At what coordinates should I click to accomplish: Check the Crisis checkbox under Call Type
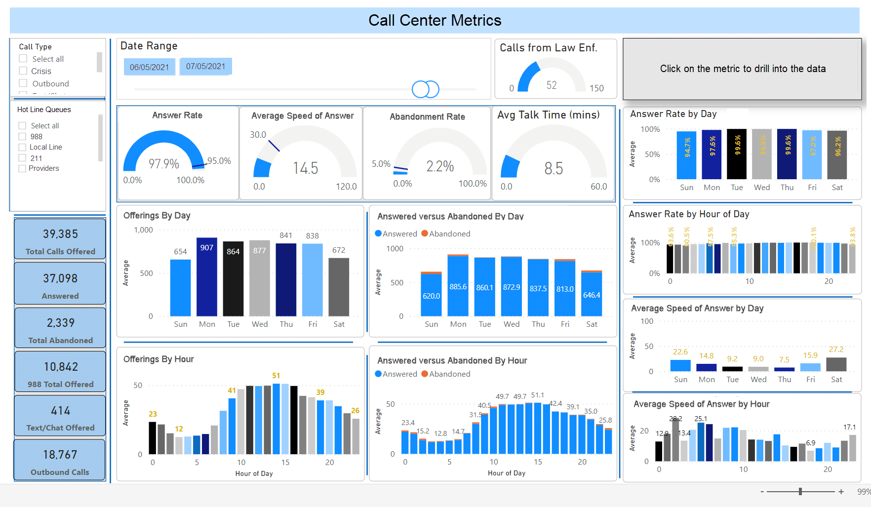pos(23,71)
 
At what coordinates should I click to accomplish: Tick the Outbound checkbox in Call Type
pos(23,83)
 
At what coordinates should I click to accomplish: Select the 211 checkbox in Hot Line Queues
pos(22,158)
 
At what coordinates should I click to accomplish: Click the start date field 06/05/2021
pos(149,67)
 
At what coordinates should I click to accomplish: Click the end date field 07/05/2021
pos(205,66)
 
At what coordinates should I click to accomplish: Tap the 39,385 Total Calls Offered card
pos(60,239)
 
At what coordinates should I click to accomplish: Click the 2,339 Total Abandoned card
pos(60,328)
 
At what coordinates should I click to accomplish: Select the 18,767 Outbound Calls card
pos(60,460)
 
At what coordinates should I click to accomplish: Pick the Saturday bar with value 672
pos(339,286)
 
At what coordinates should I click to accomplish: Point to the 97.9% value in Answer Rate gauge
pos(164,163)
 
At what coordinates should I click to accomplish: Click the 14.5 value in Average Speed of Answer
pos(306,168)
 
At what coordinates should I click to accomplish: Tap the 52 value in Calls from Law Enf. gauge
pos(552,85)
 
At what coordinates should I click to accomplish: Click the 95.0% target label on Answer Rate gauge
pos(219,161)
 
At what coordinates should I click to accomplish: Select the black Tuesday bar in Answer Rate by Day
pos(737,154)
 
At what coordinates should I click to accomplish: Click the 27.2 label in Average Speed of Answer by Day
pos(836,349)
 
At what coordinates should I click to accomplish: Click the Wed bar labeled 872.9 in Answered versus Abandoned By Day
pos(511,287)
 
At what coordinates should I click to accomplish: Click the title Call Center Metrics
pos(435,20)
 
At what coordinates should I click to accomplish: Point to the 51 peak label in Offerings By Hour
pos(276,376)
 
